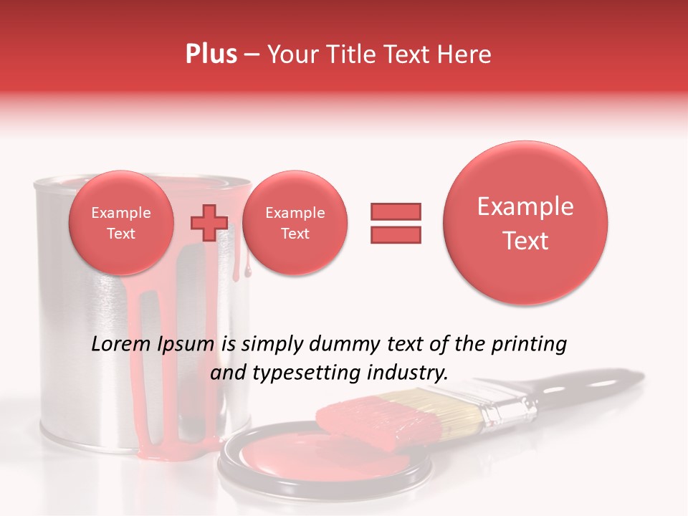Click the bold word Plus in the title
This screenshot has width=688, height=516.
pos(211,54)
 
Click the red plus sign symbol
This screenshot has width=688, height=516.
pos(209,223)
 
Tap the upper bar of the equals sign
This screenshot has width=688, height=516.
pos(396,211)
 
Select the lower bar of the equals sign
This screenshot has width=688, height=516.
pos(396,234)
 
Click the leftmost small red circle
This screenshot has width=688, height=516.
pos(121,223)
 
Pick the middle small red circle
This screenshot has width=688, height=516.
pos(295,223)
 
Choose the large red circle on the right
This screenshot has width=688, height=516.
pos(525,223)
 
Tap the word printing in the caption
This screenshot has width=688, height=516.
pos(529,345)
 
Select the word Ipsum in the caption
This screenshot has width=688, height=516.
pos(186,345)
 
